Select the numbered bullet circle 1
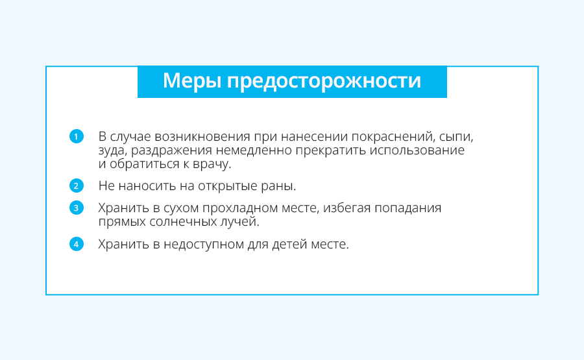coord(77,136)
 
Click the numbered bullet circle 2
coord(77,186)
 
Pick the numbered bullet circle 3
coord(77,208)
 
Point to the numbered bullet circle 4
coord(77,245)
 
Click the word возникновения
coord(202,137)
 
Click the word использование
coord(417,150)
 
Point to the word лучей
coord(236,222)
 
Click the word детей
coord(289,245)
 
